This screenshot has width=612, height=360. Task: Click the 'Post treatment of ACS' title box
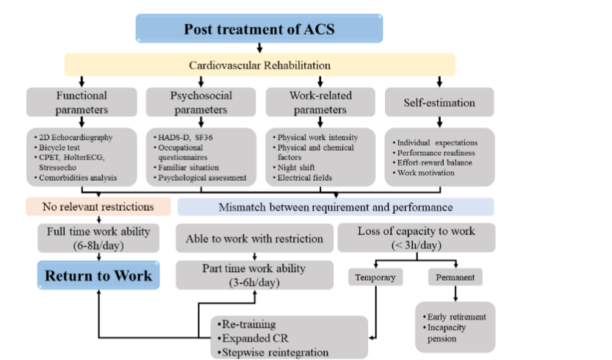pyautogui.click(x=259, y=29)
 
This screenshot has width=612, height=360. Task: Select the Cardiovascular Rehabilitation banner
pyautogui.click(x=259, y=65)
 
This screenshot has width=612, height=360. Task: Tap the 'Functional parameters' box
pyautogui.click(x=82, y=102)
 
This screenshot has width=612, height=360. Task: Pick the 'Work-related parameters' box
pyautogui.click(x=319, y=102)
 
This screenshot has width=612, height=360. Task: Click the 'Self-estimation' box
pyautogui.click(x=439, y=102)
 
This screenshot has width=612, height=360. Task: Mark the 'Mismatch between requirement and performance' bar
pyautogui.click(x=336, y=206)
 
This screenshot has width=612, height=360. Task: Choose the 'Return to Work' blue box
pyautogui.click(x=98, y=276)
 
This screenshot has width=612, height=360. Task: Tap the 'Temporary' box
pyautogui.click(x=376, y=278)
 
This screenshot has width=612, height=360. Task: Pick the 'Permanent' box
pyautogui.click(x=455, y=278)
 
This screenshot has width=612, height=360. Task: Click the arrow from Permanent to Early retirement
pyautogui.click(x=455, y=294)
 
